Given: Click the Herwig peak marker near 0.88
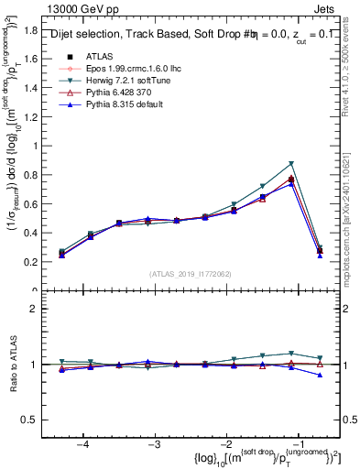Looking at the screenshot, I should (291, 164).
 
